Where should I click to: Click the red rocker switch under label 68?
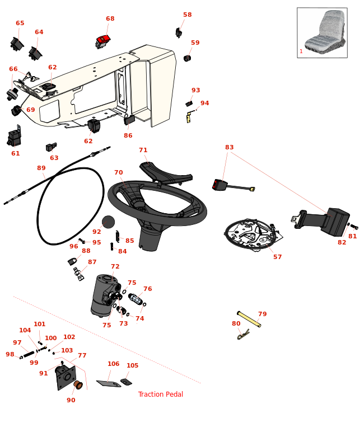click(x=104, y=40)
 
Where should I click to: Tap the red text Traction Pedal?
click(x=161, y=394)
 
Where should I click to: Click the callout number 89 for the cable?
click(x=41, y=168)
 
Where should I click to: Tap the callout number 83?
click(x=230, y=148)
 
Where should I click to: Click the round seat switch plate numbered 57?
click(x=251, y=234)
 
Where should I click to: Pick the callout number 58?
click(x=187, y=15)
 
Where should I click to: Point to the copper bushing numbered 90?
click(x=78, y=385)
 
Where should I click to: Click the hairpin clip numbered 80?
click(x=243, y=335)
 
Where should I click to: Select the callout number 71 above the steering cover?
click(x=143, y=151)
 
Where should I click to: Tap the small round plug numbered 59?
click(x=188, y=58)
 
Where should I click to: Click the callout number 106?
click(x=114, y=364)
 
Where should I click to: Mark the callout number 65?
click(x=20, y=23)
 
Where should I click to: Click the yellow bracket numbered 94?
click(x=189, y=117)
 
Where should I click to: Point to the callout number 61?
click(x=16, y=153)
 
